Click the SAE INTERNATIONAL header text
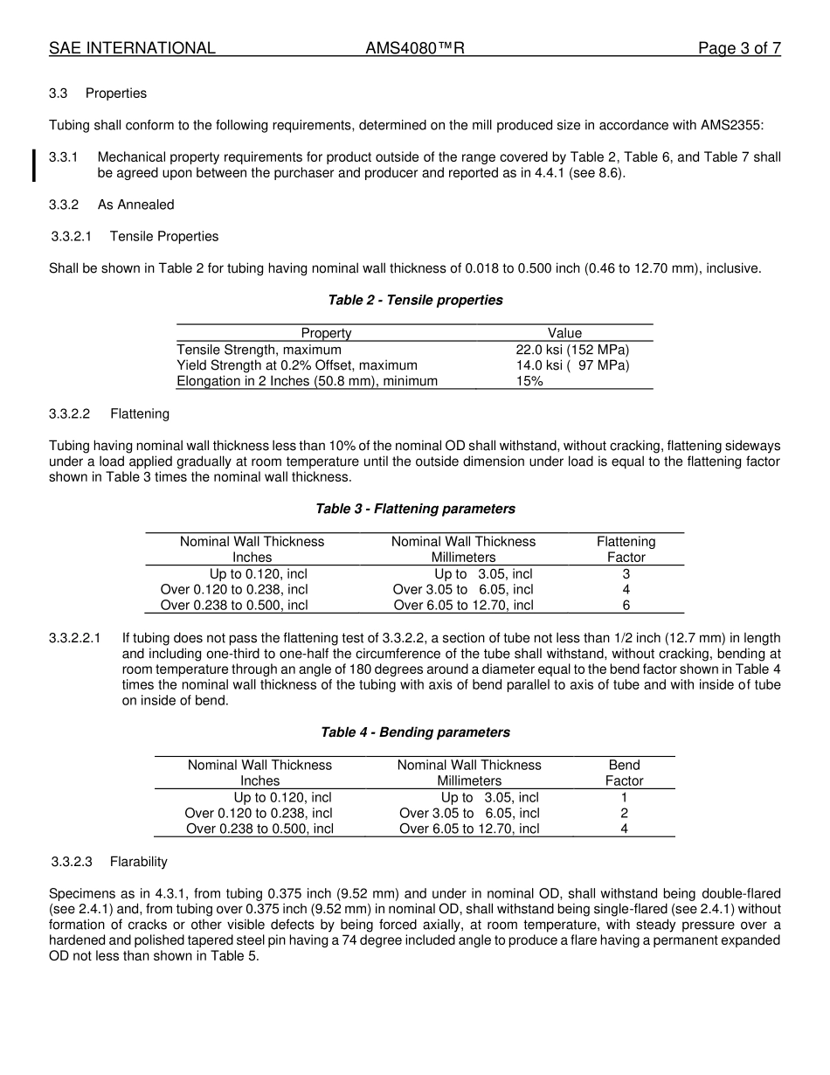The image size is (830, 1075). point(132,49)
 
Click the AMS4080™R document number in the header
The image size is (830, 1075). point(414,49)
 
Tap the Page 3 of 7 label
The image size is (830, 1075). point(739,49)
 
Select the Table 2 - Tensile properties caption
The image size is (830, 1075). point(415,301)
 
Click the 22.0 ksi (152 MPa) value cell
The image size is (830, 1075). point(572,350)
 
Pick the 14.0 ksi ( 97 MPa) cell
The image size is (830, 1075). point(572,365)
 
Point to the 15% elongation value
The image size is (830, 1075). point(529,381)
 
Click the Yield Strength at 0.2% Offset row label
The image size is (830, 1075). point(297,365)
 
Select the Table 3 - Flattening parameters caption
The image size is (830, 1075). point(415,509)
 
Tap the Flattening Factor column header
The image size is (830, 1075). point(626,549)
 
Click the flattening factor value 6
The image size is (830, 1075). point(626,605)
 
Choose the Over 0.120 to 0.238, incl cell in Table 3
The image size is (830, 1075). point(234,590)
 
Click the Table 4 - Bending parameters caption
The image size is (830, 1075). point(415,732)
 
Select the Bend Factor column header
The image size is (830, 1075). point(624,773)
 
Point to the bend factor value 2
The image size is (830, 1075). point(624,814)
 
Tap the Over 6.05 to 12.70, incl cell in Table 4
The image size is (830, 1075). point(469,829)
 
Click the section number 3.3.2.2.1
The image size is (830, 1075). point(75,639)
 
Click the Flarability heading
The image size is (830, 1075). point(138,863)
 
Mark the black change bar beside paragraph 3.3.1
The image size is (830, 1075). point(34,165)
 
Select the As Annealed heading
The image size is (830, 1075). point(135,205)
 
